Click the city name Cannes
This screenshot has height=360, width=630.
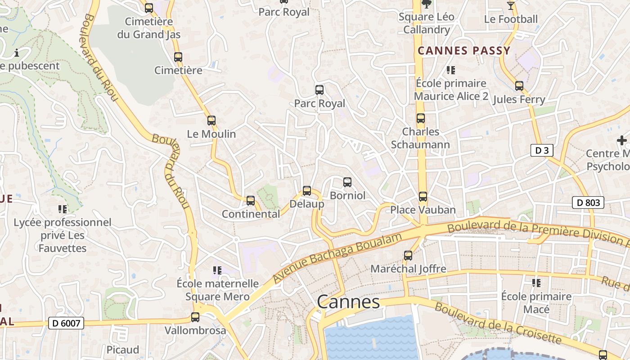coord(348,302)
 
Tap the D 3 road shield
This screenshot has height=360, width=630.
coord(541,150)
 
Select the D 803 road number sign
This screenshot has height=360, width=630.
coord(588,202)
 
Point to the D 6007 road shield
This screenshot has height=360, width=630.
coord(66,323)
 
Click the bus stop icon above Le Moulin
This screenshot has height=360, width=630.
coord(211,121)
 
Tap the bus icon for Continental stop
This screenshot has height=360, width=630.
coord(251,201)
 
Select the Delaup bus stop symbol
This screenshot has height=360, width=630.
coord(307,191)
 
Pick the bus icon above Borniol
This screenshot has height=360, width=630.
coord(347,182)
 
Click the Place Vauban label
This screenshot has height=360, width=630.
coord(423,210)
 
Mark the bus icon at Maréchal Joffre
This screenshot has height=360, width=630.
coord(408,256)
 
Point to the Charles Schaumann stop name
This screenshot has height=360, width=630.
coord(420,138)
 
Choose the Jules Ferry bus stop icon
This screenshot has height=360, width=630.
coord(519,86)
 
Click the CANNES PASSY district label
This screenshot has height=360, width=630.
coord(464,50)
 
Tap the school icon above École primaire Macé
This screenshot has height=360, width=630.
coord(536,283)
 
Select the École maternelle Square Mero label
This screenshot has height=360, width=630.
coord(218,290)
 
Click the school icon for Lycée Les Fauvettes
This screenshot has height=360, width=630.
coord(63,209)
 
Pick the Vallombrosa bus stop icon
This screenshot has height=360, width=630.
coord(195,317)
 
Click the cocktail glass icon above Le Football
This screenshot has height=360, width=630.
coord(510,6)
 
